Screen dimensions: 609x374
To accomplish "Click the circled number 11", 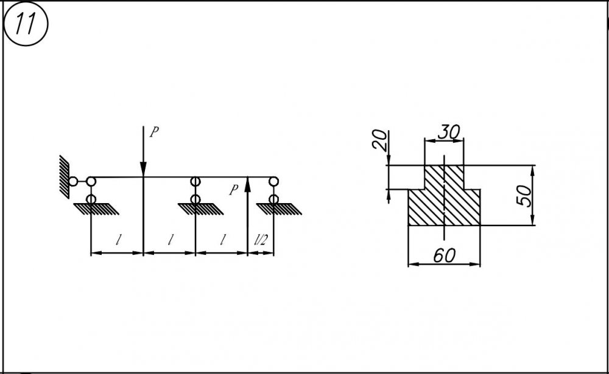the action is coord(26,24).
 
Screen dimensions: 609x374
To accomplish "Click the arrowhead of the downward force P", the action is coord(143,169).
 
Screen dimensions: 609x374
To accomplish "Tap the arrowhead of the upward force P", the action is coord(248,184).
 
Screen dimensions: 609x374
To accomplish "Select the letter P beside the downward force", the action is coord(154,132).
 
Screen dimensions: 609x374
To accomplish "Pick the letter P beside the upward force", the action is coord(233,190).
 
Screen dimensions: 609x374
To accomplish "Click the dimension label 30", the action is coord(449,133).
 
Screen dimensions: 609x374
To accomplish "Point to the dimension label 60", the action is coord(445,255).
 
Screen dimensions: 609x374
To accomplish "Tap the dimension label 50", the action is coord(524,196).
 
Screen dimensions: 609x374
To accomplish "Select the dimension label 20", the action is coord(379,140).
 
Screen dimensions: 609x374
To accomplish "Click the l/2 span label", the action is coord(261,241).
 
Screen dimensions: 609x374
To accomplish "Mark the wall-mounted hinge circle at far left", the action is coord(73,181).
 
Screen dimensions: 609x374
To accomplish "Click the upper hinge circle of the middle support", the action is coord(195,181).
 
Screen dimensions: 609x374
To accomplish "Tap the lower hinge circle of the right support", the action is coord(274,199).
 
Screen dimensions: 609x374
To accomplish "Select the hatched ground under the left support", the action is coord(96,209).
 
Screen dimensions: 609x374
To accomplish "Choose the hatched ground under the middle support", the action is coord(201,209).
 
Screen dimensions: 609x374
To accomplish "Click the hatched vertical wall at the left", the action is coord(64,177).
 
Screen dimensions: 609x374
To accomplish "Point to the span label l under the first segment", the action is coord(118,241).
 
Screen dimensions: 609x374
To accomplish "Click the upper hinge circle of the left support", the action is coord(91,181).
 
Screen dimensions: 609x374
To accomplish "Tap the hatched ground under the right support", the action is coord(279,209).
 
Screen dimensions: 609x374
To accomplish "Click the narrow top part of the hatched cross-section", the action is coord(444,178).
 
